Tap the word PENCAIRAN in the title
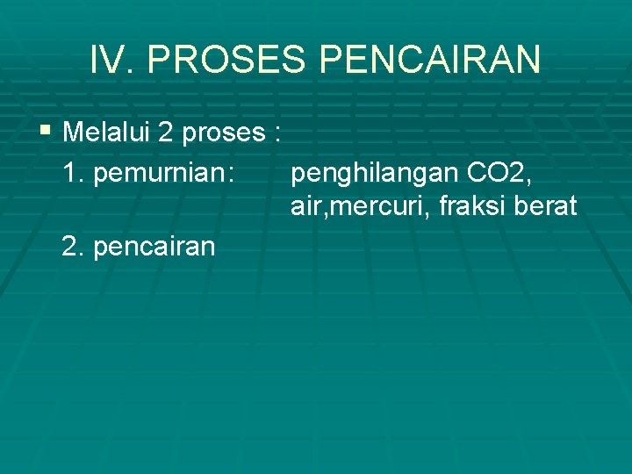coord(430,60)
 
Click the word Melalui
coord(107,133)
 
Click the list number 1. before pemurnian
coord(74,174)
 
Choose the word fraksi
coord(473,206)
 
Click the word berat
coord(549,206)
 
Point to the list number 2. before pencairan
coord(74,247)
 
